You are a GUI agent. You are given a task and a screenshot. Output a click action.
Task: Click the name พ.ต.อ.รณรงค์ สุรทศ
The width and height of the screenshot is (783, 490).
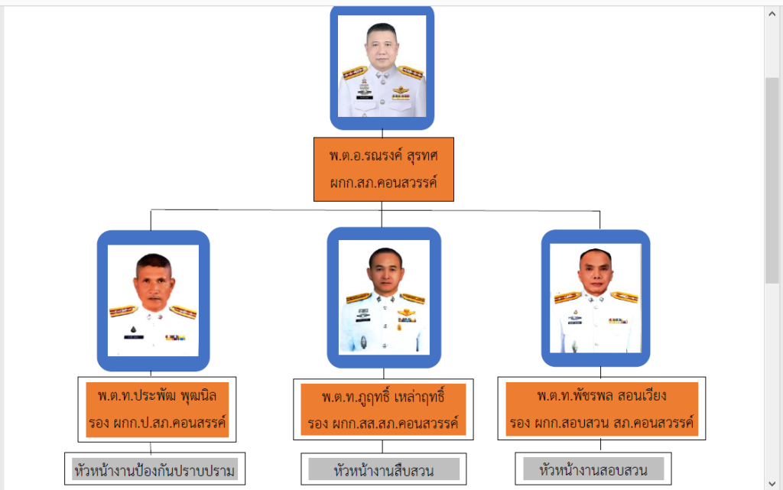tap(383, 155)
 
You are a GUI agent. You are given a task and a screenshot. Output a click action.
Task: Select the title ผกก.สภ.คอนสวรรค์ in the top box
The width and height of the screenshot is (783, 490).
tap(383, 183)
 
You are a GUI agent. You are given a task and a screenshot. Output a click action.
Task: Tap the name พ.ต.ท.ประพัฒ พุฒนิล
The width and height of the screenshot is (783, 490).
tap(157, 396)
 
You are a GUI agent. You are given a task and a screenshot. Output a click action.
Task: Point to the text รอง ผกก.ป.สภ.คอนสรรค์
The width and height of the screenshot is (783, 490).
tap(157, 422)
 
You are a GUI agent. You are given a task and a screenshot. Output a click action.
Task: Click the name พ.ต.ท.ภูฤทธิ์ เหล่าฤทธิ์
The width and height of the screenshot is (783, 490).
tap(383, 398)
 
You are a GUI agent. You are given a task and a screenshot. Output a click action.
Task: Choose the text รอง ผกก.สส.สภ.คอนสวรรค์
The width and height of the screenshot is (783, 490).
tap(383, 423)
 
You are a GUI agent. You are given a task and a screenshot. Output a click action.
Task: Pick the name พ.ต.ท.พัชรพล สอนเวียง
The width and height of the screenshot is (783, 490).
tap(602, 396)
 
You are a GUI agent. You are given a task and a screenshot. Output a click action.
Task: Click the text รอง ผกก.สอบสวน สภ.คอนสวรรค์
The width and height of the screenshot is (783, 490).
tap(602, 422)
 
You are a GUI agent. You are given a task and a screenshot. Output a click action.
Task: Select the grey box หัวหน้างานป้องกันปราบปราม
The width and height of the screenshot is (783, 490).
tap(155, 469)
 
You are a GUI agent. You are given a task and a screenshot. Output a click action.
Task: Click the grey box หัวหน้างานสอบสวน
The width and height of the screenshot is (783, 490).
tap(593, 469)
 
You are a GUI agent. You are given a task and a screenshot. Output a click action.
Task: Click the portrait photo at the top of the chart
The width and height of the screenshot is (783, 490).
tap(382, 67)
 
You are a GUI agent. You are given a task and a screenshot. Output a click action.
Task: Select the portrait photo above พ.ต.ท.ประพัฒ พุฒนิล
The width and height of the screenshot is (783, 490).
tap(153, 300)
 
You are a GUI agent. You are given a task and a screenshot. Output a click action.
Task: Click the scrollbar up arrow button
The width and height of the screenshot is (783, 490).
tap(773, 14)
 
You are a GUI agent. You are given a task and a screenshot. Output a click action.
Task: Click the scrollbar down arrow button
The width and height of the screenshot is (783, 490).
tap(773, 482)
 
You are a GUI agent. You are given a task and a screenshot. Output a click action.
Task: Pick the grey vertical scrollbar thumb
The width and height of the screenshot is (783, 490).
tap(773, 180)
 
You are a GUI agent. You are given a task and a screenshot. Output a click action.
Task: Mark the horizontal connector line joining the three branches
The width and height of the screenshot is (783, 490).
tap(268, 209)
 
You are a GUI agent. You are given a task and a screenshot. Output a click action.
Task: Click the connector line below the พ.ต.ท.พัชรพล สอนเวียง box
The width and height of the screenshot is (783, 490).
tap(600, 446)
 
